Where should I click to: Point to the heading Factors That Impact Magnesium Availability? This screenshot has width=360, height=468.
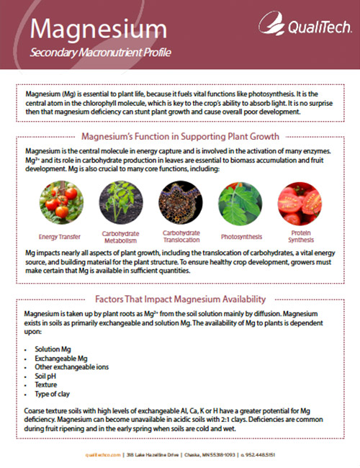pyautogui.click(x=180, y=299)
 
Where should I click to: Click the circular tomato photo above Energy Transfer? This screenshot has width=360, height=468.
pyautogui.click(x=59, y=203)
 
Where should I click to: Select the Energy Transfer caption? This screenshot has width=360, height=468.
pyautogui.click(x=59, y=235)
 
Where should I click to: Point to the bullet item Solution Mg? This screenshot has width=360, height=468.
pyautogui.click(x=53, y=348)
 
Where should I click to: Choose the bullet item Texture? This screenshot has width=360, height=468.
pyautogui.click(x=47, y=385)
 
